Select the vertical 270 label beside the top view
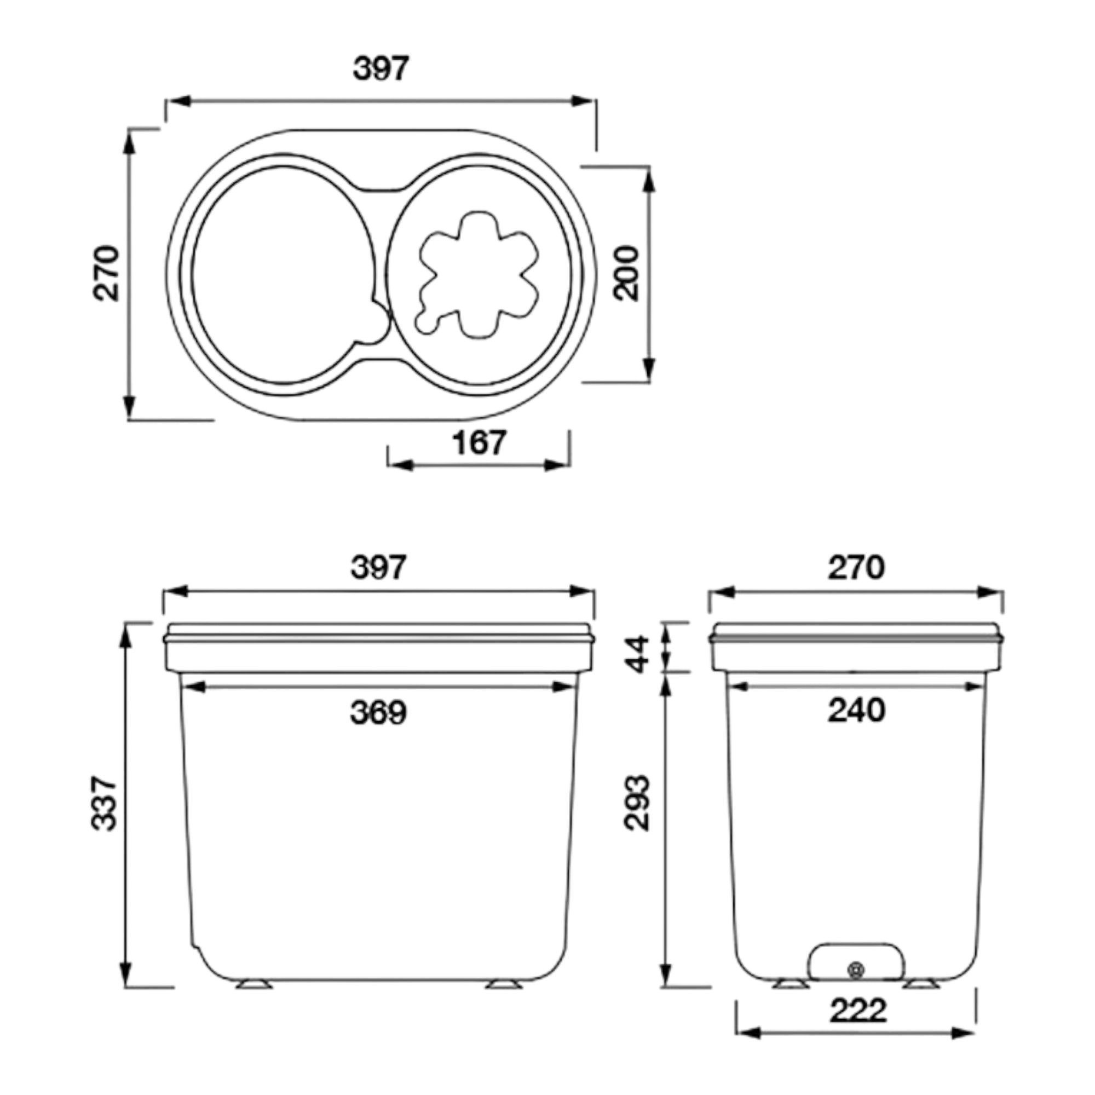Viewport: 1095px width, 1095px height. pos(107,273)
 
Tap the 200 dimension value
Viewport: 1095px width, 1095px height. pos(627,274)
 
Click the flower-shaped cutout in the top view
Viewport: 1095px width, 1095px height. pos(477,276)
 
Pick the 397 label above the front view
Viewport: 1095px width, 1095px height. pos(379,567)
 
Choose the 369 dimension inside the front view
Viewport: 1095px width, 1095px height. pos(379,712)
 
